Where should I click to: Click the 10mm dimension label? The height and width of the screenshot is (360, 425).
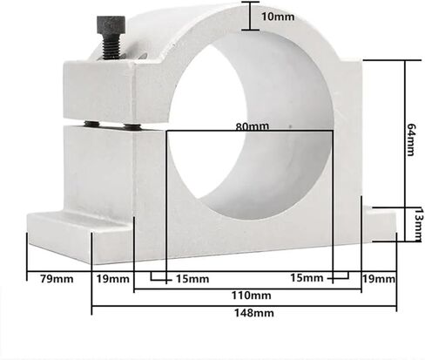coord(278,17)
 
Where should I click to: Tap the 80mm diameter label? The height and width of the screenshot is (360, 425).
coord(253,126)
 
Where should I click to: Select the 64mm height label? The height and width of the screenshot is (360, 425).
coord(411,139)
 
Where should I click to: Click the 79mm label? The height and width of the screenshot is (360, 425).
coord(57,279)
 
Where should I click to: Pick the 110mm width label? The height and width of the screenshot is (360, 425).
coord(251,295)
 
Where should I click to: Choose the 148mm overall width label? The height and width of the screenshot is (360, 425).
coord(254,313)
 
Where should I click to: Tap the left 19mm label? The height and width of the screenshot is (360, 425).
coord(112,279)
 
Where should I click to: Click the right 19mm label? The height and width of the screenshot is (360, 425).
coord(379,279)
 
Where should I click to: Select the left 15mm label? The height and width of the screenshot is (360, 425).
coord(192,279)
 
